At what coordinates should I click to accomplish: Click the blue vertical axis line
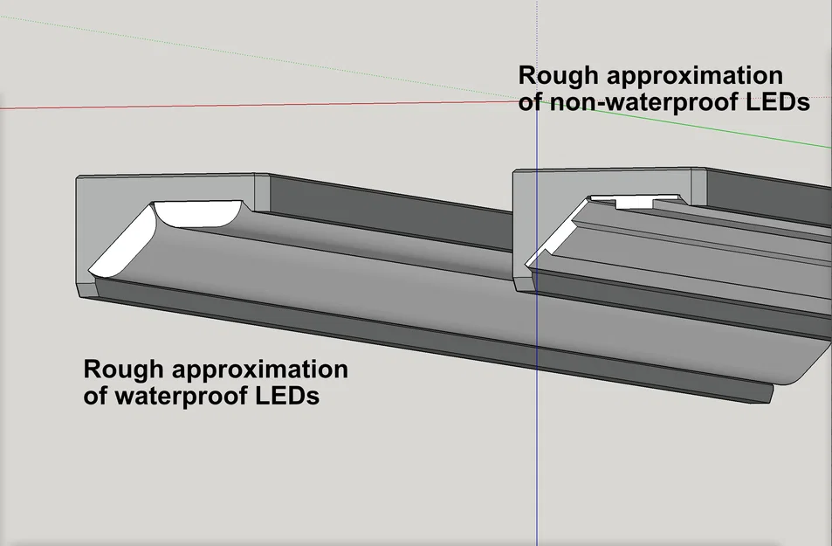(536, 437)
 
